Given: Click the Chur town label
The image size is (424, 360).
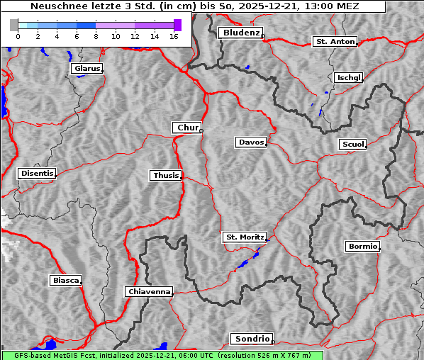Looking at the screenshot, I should point(187,128).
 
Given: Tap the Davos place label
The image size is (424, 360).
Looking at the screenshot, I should point(251,142).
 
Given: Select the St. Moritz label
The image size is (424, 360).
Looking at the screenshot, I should point(244,237).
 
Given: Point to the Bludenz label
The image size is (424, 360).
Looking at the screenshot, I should point(240,33).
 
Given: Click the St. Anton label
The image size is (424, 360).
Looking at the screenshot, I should point(335,42).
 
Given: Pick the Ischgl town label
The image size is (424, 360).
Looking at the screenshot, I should point(349,77).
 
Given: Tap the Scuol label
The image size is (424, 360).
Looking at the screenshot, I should point(352,145).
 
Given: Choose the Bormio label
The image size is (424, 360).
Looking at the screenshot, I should point(362,247).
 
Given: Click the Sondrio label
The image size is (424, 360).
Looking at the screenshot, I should point(251,339).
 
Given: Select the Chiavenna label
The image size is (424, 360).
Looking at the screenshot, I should point(149,291).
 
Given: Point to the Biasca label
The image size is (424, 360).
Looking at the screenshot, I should point(65,281).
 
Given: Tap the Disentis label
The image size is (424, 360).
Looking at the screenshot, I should point(36,173).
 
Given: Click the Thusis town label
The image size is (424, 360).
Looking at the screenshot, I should point(166,175).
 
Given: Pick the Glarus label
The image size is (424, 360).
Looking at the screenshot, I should point(86,69).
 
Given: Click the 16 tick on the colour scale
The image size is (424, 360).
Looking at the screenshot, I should point(174,36).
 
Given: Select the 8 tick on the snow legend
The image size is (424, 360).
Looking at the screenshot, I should point(96,36).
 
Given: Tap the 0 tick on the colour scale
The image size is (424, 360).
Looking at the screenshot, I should point(18,36).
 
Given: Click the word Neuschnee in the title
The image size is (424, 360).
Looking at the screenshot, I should point(53,6).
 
